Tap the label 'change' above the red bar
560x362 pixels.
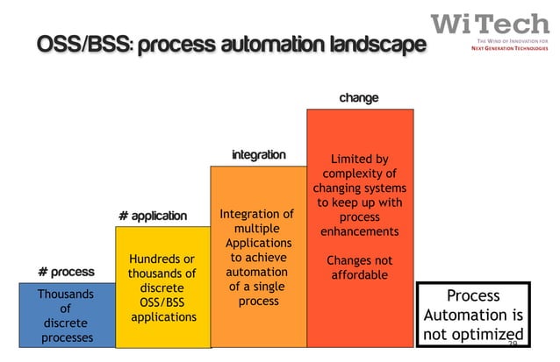(359, 97)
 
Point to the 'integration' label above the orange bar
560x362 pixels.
(258, 155)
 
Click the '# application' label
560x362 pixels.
(153, 216)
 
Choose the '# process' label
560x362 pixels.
(66, 272)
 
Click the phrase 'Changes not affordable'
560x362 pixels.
(359, 268)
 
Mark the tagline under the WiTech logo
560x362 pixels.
(508, 46)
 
